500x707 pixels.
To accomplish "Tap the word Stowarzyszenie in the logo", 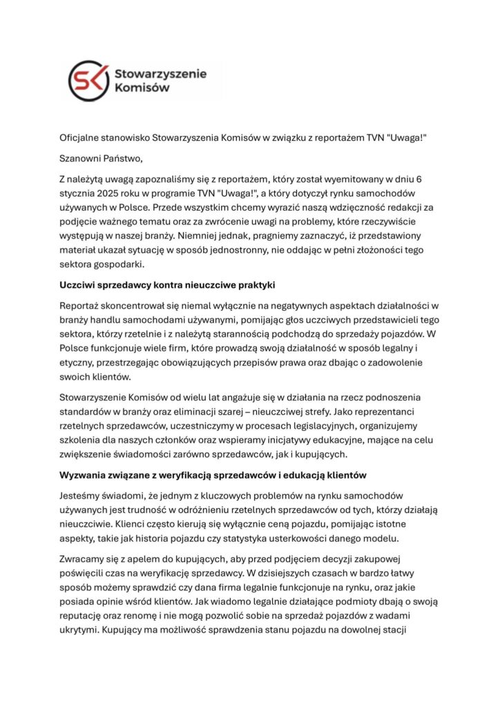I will coord(160,72).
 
